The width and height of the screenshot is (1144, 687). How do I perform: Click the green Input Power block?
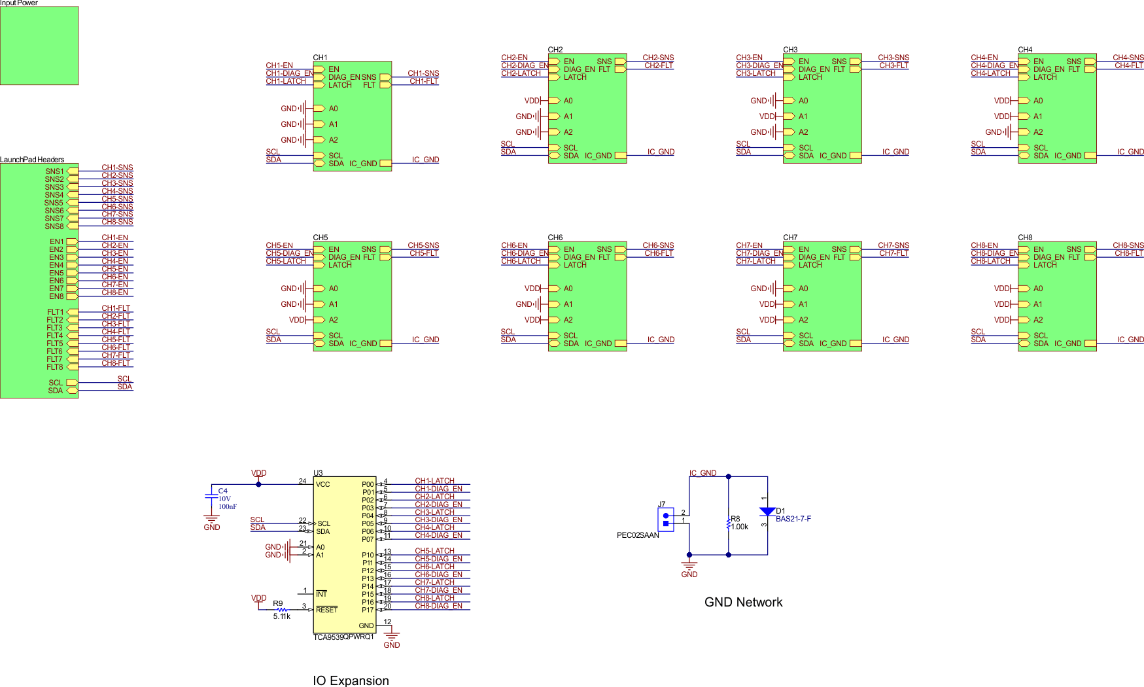pyautogui.click(x=39, y=45)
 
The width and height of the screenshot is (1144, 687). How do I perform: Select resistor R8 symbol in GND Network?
pyautogui.click(x=728, y=523)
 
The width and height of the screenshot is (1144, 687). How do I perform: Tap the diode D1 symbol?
pyautogui.click(x=767, y=512)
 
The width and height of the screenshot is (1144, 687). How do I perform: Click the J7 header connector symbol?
pyautogui.click(x=666, y=520)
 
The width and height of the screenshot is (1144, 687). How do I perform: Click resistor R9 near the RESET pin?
pyautogui.click(x=281, y=610)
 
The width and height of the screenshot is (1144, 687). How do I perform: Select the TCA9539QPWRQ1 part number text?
pyautogui.click(x=343, y=637)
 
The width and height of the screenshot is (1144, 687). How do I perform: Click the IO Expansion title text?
pyautogui.click(x=351, y=680)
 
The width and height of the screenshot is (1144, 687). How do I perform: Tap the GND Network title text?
pyautogui.click(x=743, y=602)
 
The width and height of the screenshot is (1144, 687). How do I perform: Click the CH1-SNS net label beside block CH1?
pyautogui.click(x=423, y=73)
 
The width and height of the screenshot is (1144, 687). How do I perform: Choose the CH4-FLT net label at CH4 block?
pyautogui.click(x=1128, y=65)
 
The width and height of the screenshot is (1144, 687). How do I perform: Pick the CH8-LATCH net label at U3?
pyautogui.click(x=434, y=598)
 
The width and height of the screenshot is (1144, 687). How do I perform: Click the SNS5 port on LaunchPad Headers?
pyautogui.click(x=54, y=203)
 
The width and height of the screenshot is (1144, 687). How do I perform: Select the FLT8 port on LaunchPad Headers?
pyautogui.click(x=55, y=367)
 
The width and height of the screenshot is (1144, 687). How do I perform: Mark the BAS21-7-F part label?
pyautogui.click(x=793, y=519)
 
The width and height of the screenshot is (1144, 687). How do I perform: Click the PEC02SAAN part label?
pyautogui.click(x=638, y=535)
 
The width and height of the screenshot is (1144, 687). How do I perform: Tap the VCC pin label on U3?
pyautogui.click(x=322, y=484)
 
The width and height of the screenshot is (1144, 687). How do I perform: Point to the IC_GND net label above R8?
pyautogui.click(x=702, y=473)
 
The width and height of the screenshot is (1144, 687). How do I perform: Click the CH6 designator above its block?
pyautogui.click(x=555, y=238)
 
